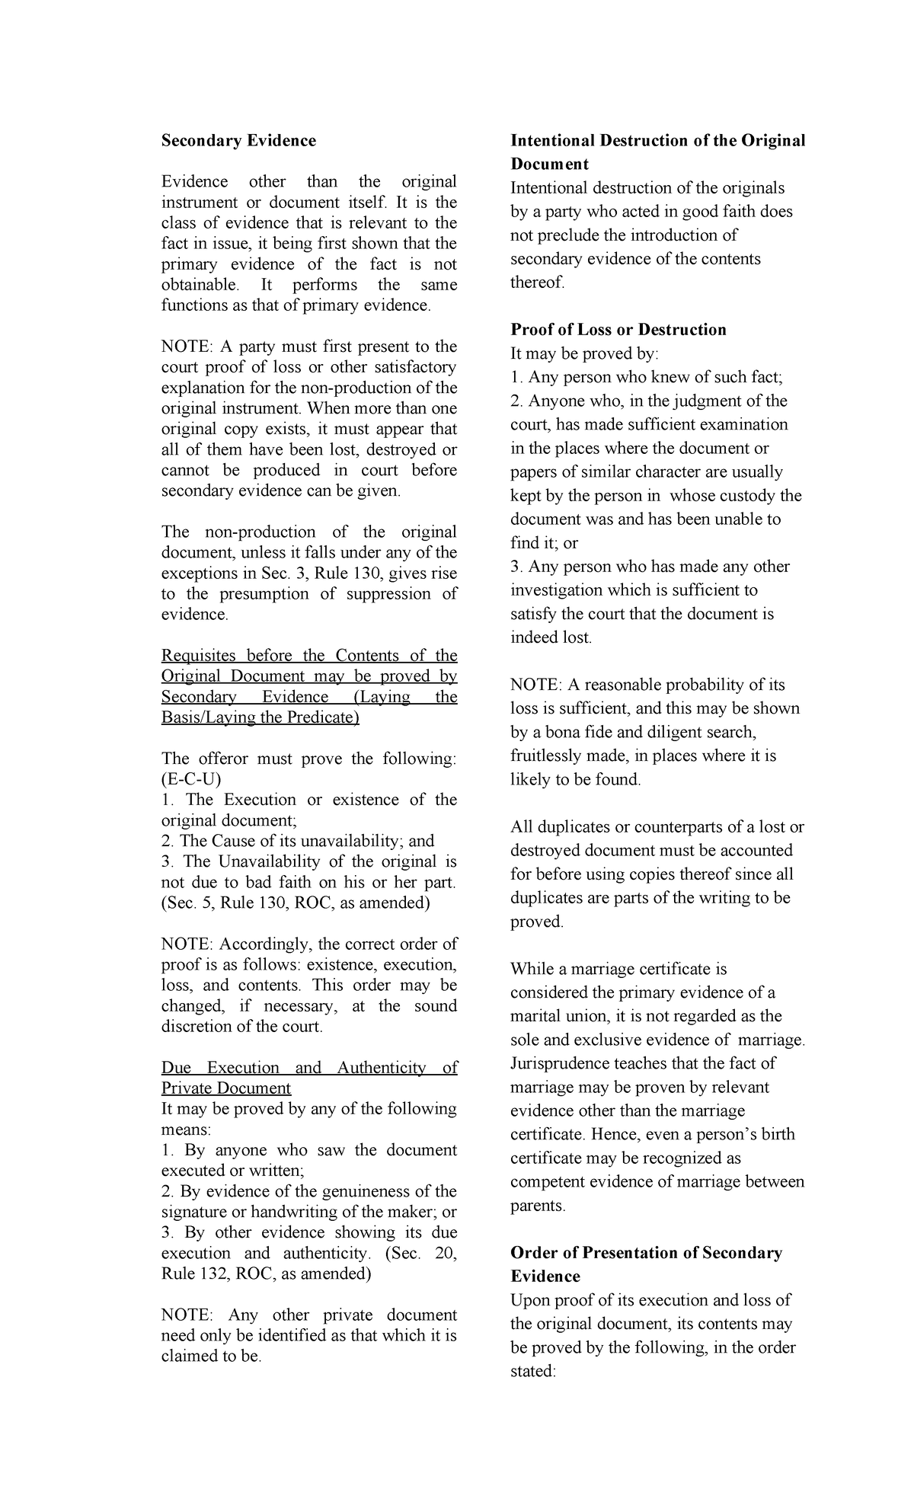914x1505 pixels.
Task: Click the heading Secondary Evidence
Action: pyautogui.click(x=238, y=141)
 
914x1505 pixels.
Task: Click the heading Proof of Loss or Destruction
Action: pyautogui.click(x=618, y=330)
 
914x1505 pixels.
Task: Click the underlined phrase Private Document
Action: pyautogui.click(x=226, y=1088)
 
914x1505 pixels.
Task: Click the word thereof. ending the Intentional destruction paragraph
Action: pyautogui.click(x=538, y=283)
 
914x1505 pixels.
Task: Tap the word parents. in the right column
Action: pyautogui.click(x=538, y=1206)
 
